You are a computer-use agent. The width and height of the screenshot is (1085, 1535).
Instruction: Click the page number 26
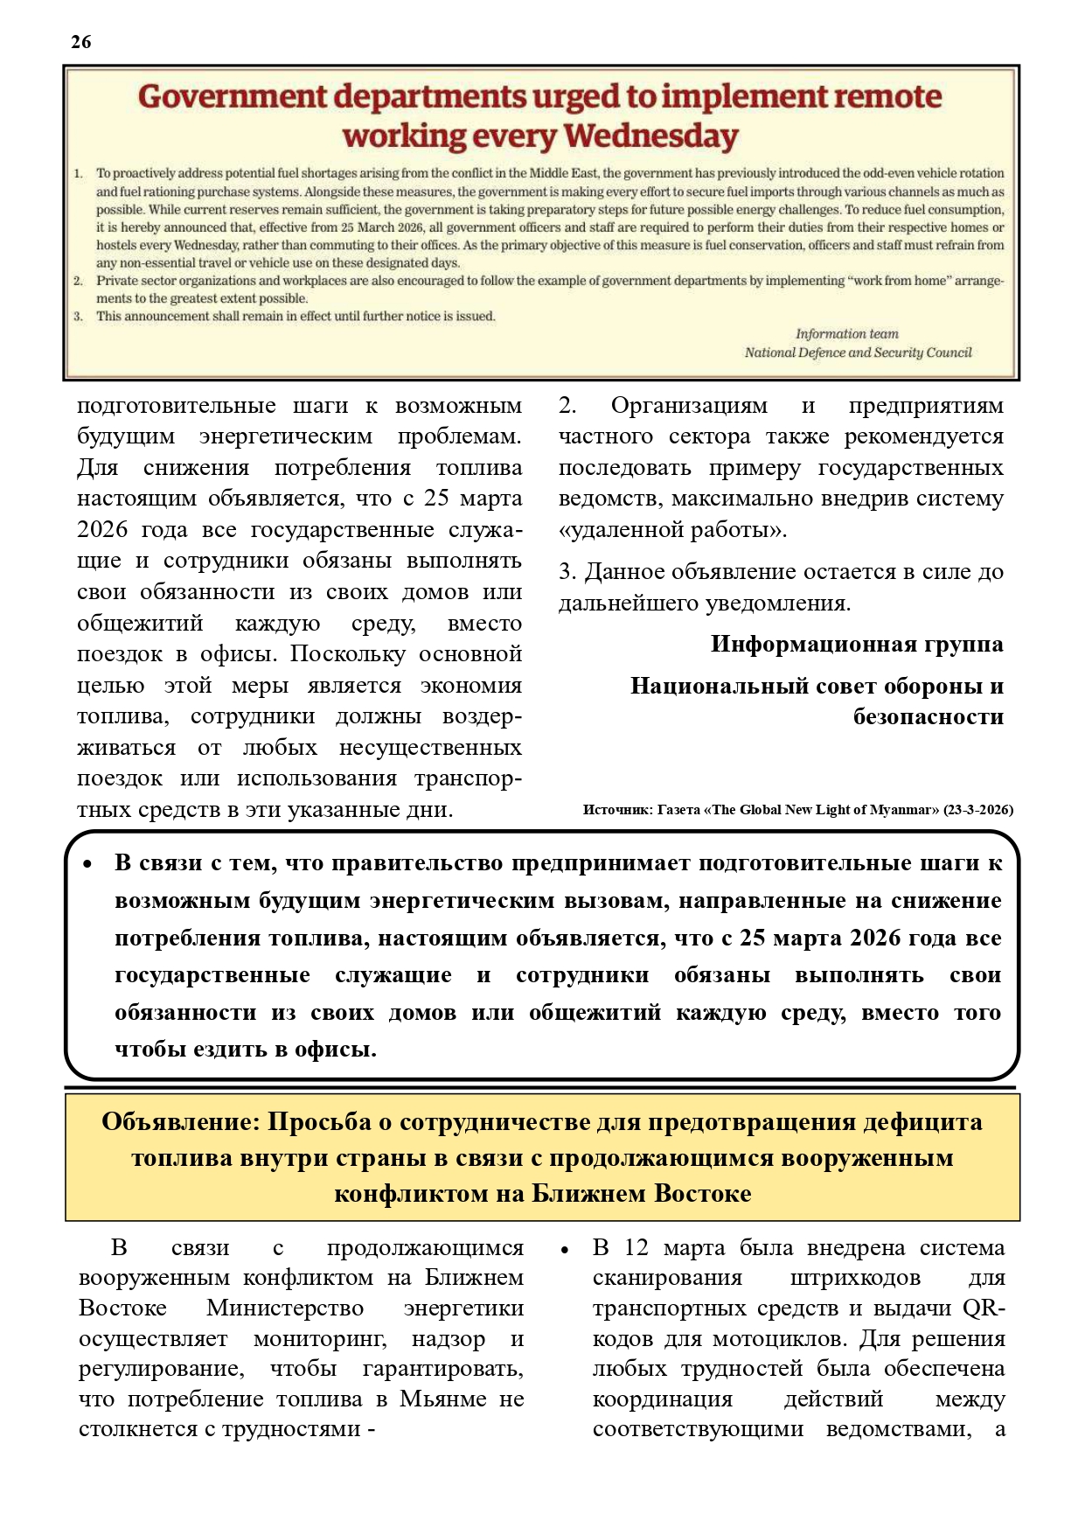click(x=80, y=42)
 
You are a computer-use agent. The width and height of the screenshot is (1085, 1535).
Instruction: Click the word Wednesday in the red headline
click(x=651, y=136)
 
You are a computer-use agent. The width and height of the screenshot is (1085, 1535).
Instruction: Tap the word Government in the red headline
click(x=233, y=96)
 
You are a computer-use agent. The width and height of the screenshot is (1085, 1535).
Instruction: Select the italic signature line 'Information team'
click(x=846, y=334)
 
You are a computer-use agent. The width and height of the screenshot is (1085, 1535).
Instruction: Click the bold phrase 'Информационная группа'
click(x=857, y=645)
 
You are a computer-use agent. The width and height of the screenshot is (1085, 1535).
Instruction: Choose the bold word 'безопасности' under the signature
click(x=929, y=717)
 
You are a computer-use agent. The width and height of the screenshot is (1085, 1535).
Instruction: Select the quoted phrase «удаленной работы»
click(x=672, y=530)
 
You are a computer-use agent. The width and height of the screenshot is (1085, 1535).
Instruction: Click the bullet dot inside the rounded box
click(x=87, y=864)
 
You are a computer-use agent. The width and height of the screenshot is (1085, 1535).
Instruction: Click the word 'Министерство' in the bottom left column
click(x=285, y=1308)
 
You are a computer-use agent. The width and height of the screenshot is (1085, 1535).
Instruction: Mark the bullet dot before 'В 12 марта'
click(x=565, y=1250)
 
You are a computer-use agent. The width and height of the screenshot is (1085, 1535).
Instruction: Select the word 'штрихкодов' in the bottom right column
click(x=854, y=1279)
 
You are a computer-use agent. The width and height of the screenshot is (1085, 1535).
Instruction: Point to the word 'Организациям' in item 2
click(x=689, y=406)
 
